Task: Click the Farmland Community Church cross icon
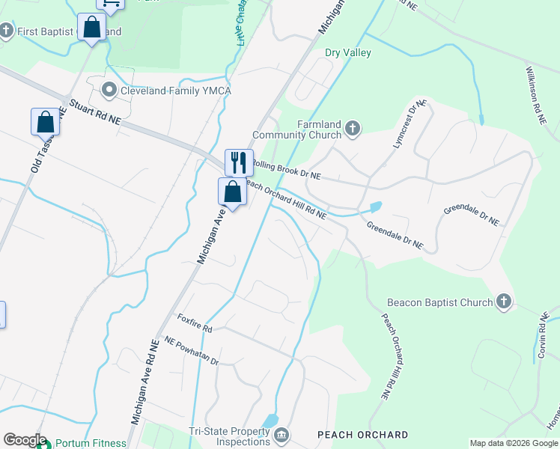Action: [353, 129]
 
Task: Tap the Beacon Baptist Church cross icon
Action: [504, 302]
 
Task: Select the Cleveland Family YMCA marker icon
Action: [109, 91]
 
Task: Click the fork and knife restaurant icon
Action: [239, 161]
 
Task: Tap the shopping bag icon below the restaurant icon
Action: [233, 192]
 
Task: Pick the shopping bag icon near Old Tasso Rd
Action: [45, 121]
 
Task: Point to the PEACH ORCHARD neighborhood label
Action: [363, 435]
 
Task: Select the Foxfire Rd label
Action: [195, 323]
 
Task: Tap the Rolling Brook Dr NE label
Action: [287, 169]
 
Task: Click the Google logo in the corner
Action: [24, 440]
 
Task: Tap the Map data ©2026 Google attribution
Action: [513, 443]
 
